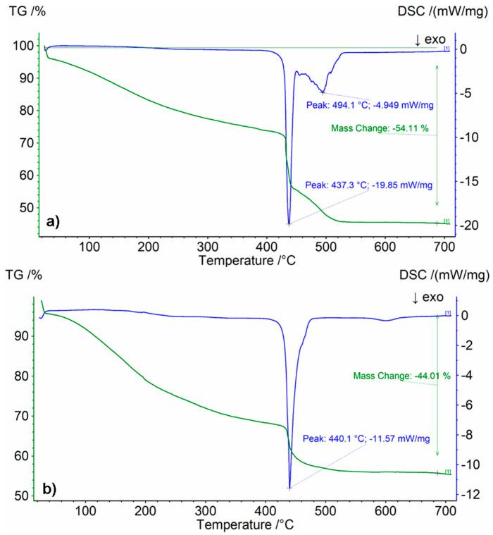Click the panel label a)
point(54,221)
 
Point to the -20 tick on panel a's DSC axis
point(470,226)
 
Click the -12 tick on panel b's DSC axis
point(470,496)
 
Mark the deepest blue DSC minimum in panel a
point(289,223)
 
